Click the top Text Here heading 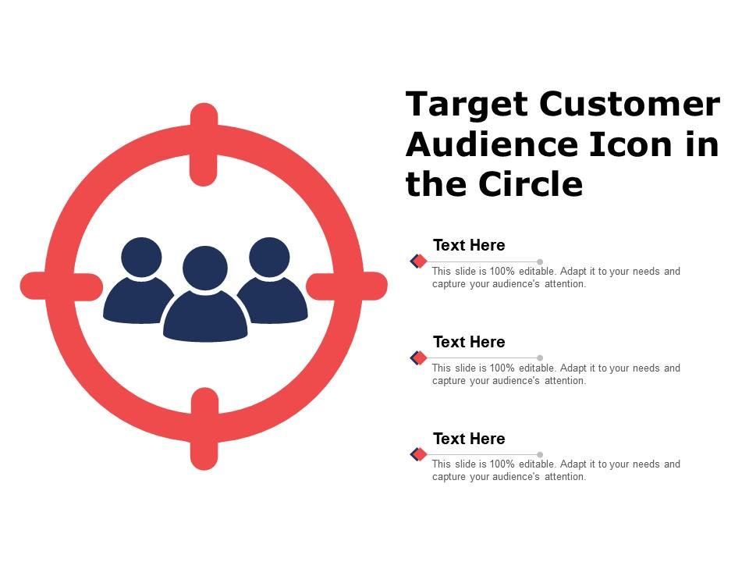pyautogui.click(x=469, y=245)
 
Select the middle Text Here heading pyautogui.click(x=469, y=342)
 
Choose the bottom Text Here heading pyautogui.click(x=469, y=439)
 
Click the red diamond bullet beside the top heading pyautogui.click(x=420, y=261)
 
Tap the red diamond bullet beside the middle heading pyautogui.click(x=420, y=357)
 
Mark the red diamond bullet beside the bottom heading pyautogui.click(x=420, y=454)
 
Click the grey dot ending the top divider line pyautogui.click(x=540, y=261)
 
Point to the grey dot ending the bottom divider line pyautogui.click(x=540, y=454)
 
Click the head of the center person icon pyautogui.click(x=205, y=267)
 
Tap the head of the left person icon pyautogui.click(x=142, y=257)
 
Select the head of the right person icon pyautogui.click(x=269, y=257)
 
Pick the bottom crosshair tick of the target pyautogui.click(x=204, y=429)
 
